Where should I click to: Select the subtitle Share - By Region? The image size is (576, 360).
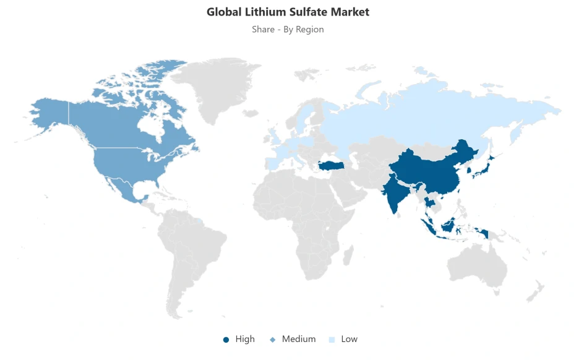(x=288, y=29)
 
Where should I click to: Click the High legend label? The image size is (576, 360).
(x=245, y=339)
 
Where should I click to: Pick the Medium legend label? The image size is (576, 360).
(x=299, y=339)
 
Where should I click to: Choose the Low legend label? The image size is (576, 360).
(x=349, y=339)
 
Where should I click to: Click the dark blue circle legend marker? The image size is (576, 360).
(x=226, y=340)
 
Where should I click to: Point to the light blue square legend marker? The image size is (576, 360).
(x=332, y=340)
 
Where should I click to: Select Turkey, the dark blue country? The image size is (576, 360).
(x=332, y=166)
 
